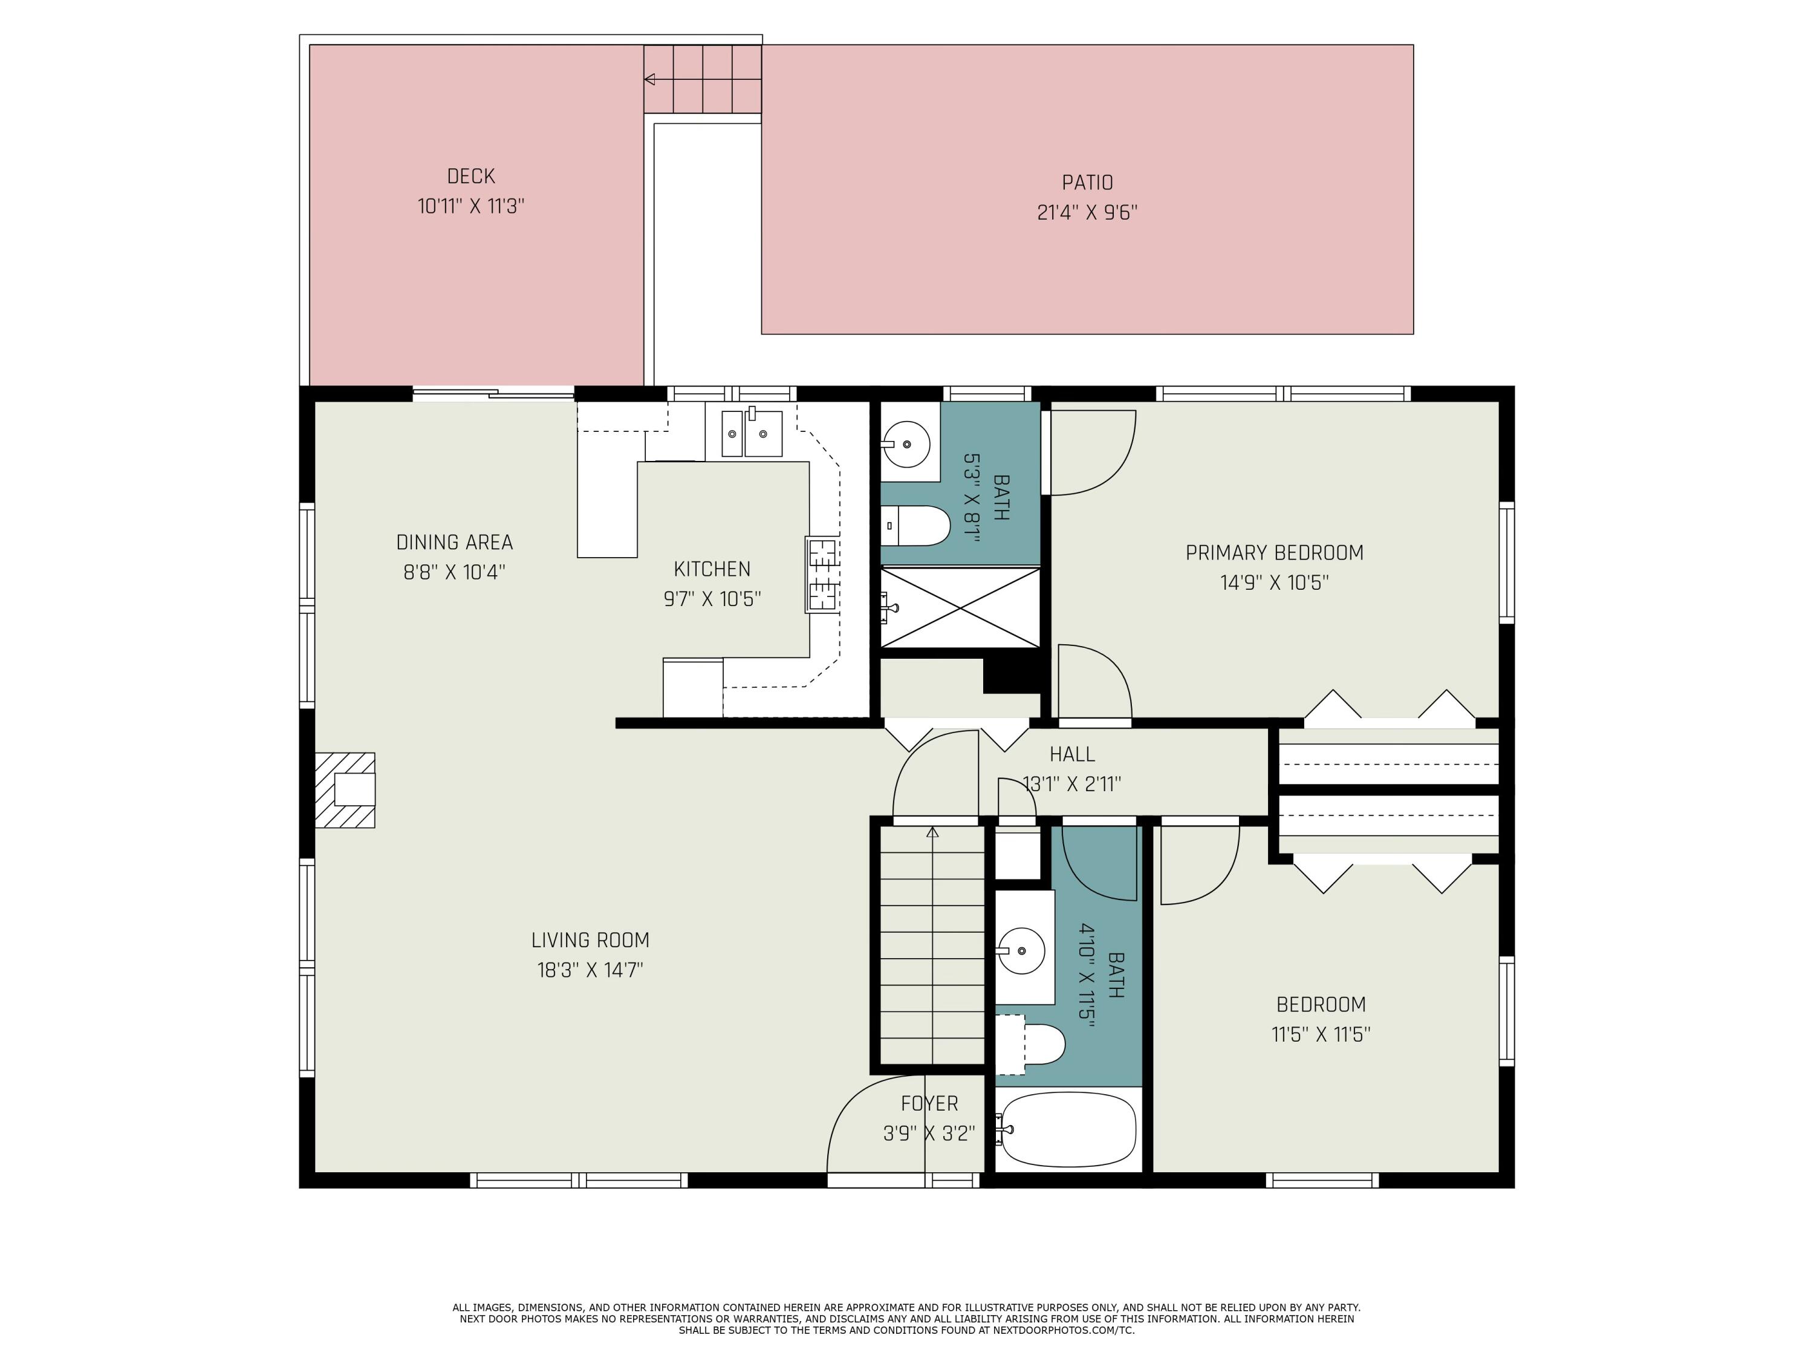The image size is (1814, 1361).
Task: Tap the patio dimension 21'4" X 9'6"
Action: pyautogui.click(x=1087, y=212)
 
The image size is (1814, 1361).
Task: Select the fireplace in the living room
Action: pyautogui.click(x=345, y=790)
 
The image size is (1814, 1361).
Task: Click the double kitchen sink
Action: pyautogui.click(x=752, y=432)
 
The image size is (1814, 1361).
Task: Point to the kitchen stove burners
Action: pyautogui.click(x=822, y=574)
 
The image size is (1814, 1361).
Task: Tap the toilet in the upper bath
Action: pyautogui.click(x=916, y=526)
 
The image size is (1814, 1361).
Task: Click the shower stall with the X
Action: pyautogui.click(x=960, y=608)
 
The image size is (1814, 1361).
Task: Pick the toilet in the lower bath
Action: pyautogui.click(x=1031, y=1044)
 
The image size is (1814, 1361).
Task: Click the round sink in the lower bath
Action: pyautogui.click(x=1021, y=951)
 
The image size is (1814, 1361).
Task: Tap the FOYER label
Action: pyautogui.click(x=929, y=1103)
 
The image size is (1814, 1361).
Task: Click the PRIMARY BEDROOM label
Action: pyautogui.click(x=1275, y=553)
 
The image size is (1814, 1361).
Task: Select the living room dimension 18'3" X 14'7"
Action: pyautogui.click(x=590, y=970)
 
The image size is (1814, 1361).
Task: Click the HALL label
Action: pyautogui.click(x=1072, y=754)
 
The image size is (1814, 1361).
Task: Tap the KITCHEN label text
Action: pyautogui.click(x=712, y=569)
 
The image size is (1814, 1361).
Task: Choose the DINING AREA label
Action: pyautogui.click(x=454, y=542)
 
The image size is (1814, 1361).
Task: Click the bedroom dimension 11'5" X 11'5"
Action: pyautogui.click(x=1321, y=1034)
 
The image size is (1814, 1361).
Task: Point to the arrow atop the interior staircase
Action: pyautogui.click(x=932, y=832)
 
